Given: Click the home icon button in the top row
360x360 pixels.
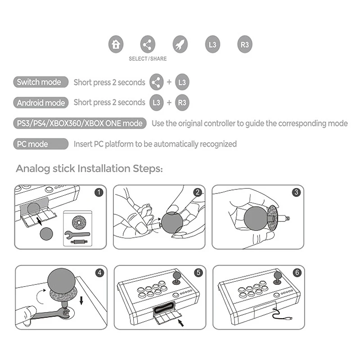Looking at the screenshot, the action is pos(116,44).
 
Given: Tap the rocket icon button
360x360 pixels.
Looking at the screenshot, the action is pos(180,44).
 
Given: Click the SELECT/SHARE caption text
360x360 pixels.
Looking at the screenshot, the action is pos(148,59).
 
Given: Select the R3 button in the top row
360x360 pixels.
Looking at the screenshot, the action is pos(245,44).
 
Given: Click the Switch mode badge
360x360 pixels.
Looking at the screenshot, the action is pos(41,82).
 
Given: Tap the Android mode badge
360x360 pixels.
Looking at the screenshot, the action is pos(41,103).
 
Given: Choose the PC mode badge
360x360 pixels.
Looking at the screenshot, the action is pos(41,144).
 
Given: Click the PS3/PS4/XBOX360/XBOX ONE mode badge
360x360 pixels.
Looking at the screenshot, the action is pos(80,123).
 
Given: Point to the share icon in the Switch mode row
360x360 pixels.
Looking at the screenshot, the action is pos(156,82).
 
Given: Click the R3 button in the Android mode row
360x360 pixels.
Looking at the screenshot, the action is pos(182,103).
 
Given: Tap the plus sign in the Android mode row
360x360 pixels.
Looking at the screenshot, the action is pos(169,103).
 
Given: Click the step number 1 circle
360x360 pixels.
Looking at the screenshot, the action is pos(99,192).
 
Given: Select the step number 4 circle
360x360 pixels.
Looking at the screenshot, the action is pos(99,273).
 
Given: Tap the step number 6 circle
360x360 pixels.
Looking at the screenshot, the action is pos(297,273).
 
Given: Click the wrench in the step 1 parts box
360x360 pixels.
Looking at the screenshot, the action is pos(77,234).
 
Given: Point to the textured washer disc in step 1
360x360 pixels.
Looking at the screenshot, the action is pos(79,222).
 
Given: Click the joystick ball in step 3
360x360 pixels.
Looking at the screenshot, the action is pos(256,218).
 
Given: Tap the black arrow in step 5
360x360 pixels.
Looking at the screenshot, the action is pos(181,323).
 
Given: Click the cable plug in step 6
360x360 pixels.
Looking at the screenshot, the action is pos(289,319).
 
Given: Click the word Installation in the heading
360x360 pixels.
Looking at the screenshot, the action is pos(104,168).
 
